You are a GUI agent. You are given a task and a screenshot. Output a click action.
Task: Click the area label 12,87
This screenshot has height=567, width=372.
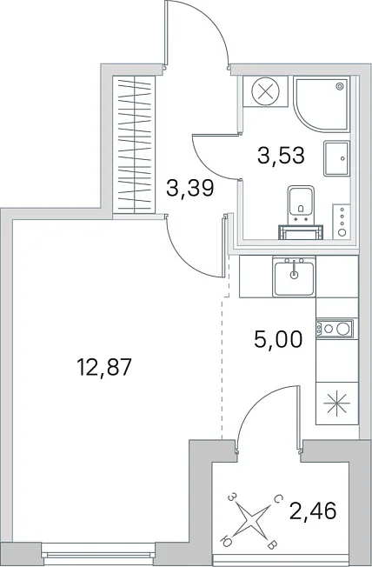tap(103, 368)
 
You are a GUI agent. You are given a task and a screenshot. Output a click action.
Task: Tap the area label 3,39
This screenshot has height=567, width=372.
tap(190, 188)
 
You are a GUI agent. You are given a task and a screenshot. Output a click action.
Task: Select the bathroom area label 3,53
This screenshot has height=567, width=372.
tap(281, 156)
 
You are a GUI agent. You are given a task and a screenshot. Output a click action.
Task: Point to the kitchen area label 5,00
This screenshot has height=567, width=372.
tap(278, 339)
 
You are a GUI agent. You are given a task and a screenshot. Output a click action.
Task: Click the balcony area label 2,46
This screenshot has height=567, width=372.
tap(313, 511)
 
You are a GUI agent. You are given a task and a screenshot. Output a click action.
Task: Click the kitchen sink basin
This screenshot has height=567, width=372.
tap(294, 277)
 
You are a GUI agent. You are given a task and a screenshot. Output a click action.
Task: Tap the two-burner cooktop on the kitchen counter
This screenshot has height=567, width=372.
tap(335, 329)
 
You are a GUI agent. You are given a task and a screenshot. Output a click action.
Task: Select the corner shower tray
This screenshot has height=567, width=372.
tap(322, 103)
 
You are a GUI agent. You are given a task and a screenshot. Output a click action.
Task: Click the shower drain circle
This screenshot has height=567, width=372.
tap(340, 86)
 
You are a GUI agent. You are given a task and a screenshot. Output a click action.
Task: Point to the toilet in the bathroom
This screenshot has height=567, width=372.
tap(301, 212)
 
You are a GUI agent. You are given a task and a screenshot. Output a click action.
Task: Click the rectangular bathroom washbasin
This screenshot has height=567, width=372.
tap(336, 158)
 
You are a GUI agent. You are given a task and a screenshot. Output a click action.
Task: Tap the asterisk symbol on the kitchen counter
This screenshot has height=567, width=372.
tap(336, 404)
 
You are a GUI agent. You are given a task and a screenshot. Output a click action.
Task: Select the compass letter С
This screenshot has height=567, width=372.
tap(277, 500)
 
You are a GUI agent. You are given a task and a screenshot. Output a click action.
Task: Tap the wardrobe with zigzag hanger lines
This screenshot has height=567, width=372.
tap(134, 144)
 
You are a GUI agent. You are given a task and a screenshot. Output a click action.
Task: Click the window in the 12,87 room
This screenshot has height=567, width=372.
tap(98, 551)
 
